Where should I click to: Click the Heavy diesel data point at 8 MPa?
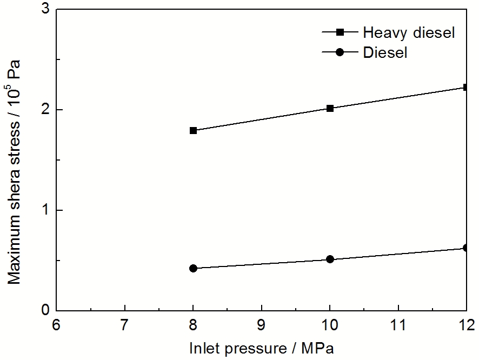point(194,130)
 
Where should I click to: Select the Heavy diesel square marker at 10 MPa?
point(330,108)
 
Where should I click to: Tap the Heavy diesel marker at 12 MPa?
point(465,87)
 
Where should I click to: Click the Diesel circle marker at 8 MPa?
point(194,268)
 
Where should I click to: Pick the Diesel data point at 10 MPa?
point(330,259)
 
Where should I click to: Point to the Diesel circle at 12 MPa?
point(465,248)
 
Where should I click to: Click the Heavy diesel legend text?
point(409,32)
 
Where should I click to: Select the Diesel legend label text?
point(385,52)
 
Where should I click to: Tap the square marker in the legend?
point(340,32)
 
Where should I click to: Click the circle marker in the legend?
point(340,52)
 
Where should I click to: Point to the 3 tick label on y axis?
point(45,10)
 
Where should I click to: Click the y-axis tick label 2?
point(45,110)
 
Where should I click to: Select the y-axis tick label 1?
point(45,210)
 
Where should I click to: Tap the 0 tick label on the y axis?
point(45,310)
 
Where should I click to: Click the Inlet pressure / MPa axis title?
point(262,348)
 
